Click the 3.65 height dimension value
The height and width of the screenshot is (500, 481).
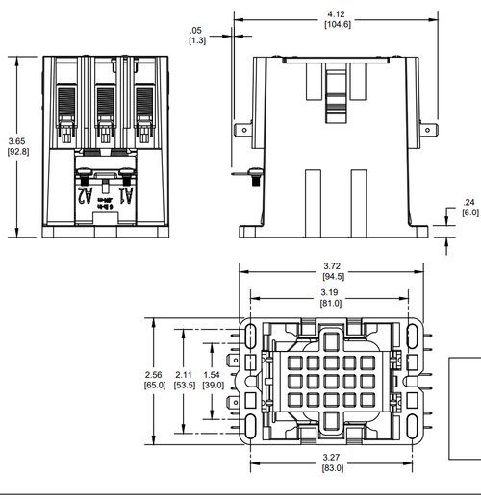click(x=17, y=140)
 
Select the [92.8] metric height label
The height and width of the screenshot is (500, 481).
click(x=17, y=152)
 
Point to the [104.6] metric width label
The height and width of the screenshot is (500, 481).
click(x=337, y=26)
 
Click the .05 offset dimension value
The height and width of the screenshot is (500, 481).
click(x=196, y=30)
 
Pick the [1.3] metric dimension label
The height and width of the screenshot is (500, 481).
click(x=196, y=41)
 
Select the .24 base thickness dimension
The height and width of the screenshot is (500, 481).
click(x=468, y=202)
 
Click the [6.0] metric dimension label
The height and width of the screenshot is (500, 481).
click(x=468, y=213)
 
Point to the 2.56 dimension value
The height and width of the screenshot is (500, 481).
click(x=149, y=374)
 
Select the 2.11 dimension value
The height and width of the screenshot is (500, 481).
click(x=184, y=374)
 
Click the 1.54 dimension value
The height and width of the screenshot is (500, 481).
click(x=215, y=374)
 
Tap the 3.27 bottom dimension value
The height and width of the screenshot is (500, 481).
click(x=332, y=457)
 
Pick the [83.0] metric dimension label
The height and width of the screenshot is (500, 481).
click(x=332, y=468)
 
